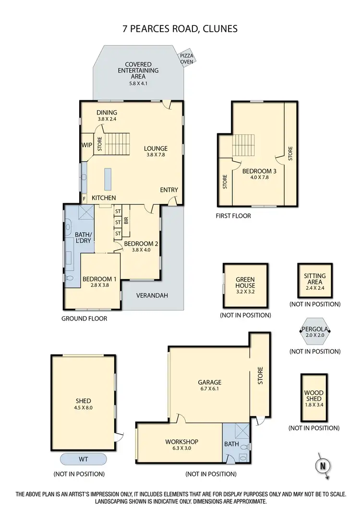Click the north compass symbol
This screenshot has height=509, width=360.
pos(322,464)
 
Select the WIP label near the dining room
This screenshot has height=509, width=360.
pos(87,144)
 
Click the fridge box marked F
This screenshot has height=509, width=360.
pos(84,198)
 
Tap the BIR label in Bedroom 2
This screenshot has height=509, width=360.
pos(126,221)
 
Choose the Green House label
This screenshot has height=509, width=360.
pos(245,282)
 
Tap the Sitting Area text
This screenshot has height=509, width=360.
pos(315,279)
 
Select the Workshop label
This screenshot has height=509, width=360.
pos(181,442)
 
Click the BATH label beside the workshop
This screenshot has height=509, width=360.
pos(231,444)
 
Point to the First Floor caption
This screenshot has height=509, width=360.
pos(233,216)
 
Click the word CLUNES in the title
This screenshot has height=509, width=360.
pos(218,29)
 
